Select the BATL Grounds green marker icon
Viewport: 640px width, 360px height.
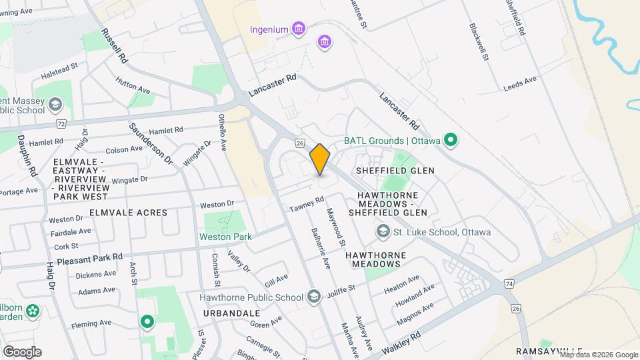451,141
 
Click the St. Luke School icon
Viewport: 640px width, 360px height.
383,232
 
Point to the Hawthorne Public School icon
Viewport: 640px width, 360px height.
313,297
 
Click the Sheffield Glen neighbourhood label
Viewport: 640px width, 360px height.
395,171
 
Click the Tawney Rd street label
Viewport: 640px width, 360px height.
306,205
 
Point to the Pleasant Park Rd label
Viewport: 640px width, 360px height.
90,256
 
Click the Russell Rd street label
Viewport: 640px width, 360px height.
115,45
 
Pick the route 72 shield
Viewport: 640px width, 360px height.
61,124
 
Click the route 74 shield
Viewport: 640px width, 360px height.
509,283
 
